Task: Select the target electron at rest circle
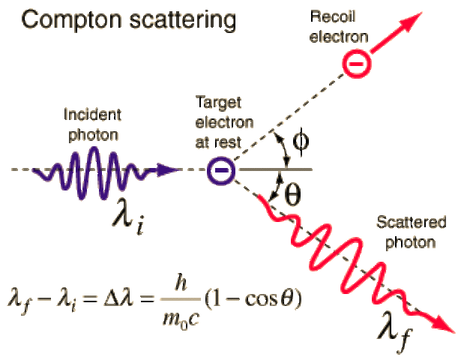pyautogui.click(x=222, y=171)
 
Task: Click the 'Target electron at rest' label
pyautogui.click(x=224, y=121)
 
